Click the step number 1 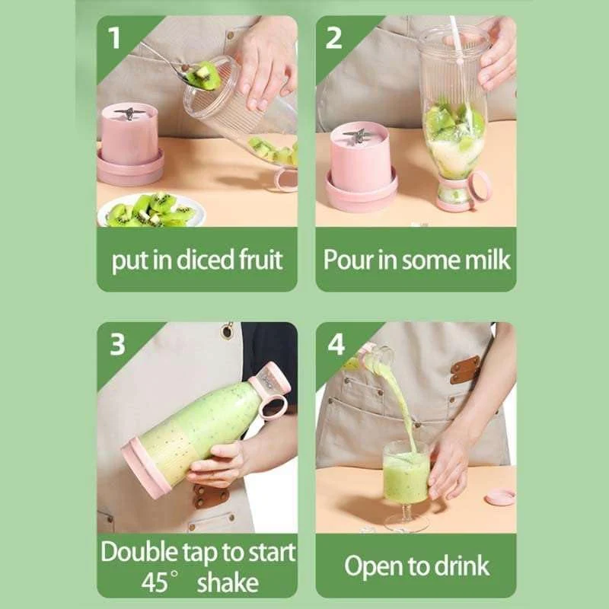pyautogui.click(x=116, y=37)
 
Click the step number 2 pyautogui.click(x=333, y=37)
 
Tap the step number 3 pyautogui.click(x=116, y=344)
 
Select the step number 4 pyautogui.click(x=336, y=344)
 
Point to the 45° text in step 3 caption pyautogui.click(x=160, y=582)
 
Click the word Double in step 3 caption pyautogui.click(x=138, y=552)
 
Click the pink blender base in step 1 pyautogui.click(x=130, y=145)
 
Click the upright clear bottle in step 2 pyautogui.click(x=453, y=114)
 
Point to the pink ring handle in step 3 pyautogui.click(x=272, y=404)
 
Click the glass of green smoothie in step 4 pyautogui.click(x=405, y=480)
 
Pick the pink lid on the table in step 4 pyautogui.click(x=499, y=497)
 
